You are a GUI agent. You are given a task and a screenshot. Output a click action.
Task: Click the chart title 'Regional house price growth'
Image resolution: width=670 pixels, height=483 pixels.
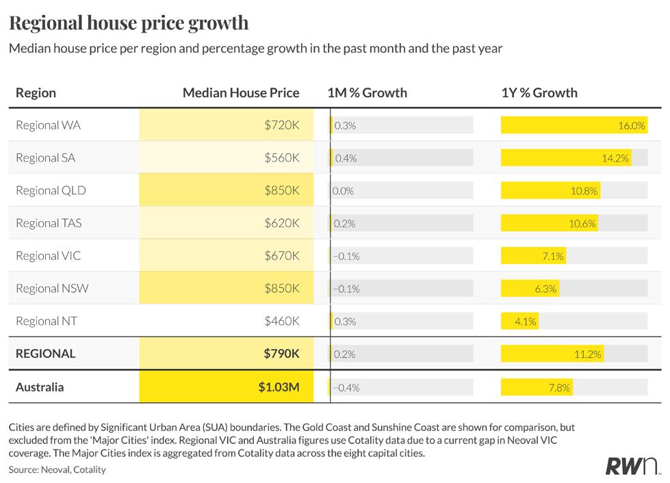129,23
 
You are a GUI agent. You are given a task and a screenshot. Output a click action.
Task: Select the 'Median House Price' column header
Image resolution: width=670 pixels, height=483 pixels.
241,92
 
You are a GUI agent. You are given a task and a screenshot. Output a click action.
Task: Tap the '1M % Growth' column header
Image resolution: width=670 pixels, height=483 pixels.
367,92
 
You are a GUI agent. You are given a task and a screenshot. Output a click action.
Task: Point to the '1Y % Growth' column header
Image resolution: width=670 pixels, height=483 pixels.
539,92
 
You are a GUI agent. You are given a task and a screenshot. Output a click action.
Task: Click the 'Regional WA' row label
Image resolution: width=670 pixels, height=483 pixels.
49,125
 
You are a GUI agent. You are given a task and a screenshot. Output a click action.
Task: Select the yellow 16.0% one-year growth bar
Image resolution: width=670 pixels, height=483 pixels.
574,125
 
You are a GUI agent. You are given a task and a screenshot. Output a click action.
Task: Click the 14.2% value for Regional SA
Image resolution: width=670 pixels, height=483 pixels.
615,159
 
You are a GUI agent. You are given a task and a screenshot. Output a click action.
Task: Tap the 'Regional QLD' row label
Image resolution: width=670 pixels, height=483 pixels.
51,190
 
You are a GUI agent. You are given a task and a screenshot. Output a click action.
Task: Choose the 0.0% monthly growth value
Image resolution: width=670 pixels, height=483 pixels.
343,191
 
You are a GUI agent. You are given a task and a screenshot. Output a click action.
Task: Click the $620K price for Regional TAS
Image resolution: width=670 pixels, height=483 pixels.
281,223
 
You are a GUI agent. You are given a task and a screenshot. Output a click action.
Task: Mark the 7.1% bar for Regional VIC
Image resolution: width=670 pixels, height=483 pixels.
534,256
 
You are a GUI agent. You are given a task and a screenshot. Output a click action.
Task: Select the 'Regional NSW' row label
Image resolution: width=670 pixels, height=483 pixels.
52,288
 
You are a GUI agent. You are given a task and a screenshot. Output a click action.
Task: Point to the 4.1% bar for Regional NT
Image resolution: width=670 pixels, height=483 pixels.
519,321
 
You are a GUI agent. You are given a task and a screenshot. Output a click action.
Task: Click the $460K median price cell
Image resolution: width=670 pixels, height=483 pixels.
281,321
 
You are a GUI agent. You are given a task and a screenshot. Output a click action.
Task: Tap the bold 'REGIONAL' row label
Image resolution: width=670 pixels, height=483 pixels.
46,354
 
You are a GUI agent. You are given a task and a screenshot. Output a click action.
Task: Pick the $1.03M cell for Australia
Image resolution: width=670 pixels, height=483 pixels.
227,387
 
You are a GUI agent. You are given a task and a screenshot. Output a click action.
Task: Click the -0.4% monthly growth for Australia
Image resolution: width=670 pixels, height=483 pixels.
346,388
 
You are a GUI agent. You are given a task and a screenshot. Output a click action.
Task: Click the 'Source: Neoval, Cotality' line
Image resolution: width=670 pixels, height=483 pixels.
57,470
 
